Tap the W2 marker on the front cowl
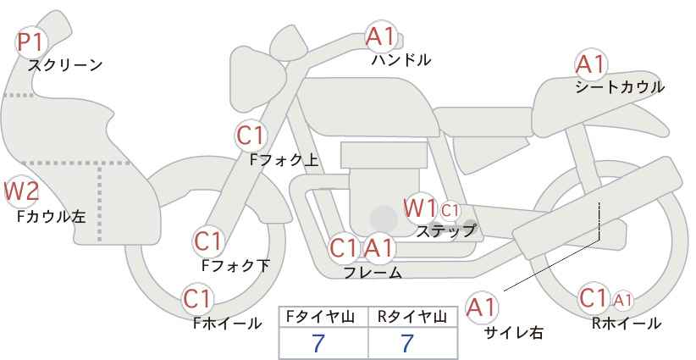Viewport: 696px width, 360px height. tap(21, 191)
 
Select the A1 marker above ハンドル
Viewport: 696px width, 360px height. tap(380, 36)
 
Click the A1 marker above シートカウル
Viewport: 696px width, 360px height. tap(590, 64)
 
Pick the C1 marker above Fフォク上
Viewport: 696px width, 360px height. tap(251, 136)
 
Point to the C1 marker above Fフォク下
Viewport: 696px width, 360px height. tap(207, 242)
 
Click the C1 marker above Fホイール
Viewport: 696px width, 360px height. tap(197, 299)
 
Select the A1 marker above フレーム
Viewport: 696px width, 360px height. tap(379, 247)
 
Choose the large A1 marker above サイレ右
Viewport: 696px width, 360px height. tap(482, 307)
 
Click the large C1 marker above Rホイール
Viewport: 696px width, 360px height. tap(593, 298)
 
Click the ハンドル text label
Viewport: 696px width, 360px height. tap(401, 60)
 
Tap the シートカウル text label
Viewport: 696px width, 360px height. tap(620, 87)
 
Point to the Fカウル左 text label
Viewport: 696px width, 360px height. tap(51, 217)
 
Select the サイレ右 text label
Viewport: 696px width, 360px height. tap(514, 333)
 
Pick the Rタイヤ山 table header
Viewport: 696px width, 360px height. tap(412, 317)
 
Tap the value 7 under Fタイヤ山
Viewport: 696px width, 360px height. tap(318, 343)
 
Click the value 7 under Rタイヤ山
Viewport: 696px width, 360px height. tap(407, 343)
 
